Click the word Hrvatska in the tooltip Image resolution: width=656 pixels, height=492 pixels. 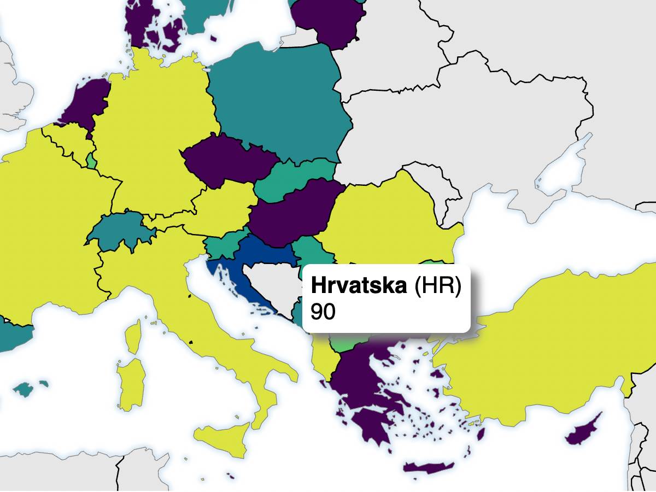(359, 286)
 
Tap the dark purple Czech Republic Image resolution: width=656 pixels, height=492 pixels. (224, 161)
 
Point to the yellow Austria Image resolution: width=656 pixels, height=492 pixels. (219, 208)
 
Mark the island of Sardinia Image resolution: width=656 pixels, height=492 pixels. (131, 383)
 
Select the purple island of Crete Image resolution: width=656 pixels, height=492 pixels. (429, 468)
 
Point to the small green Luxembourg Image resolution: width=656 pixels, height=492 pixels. (91, 162)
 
